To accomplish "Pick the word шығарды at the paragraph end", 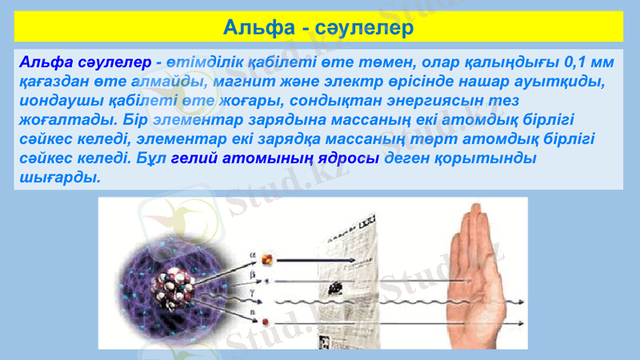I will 58,177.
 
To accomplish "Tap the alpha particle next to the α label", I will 268,258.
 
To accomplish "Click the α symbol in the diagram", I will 253,256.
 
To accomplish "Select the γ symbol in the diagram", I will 253,295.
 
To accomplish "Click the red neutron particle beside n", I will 266,322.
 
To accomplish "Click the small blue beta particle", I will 267,281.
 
